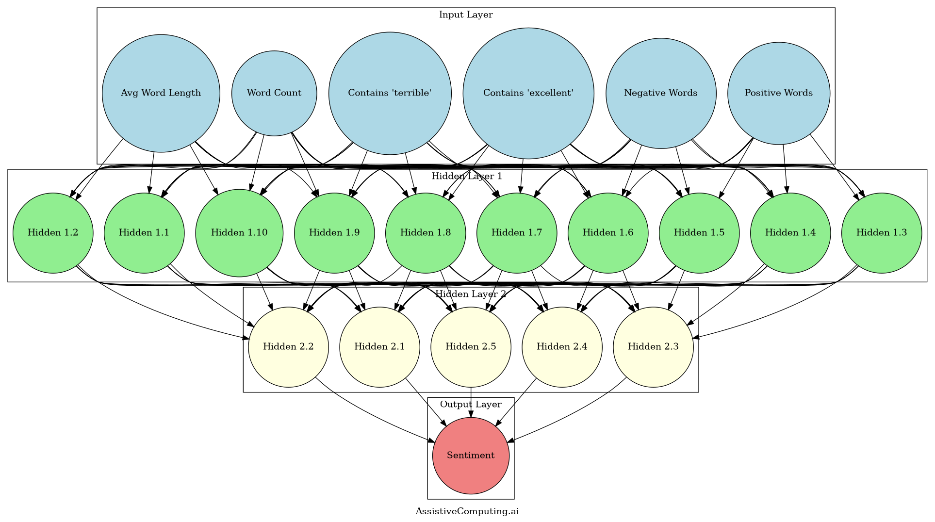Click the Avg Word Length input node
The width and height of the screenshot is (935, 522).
coord(161,93)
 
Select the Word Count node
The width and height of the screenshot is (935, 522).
coord(274,93)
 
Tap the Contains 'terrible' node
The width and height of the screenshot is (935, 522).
coord(390,93)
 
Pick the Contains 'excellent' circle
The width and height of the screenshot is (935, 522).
coord(528,93)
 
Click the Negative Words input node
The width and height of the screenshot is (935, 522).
coord(660,93)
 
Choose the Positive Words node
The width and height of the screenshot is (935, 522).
coord(778,93)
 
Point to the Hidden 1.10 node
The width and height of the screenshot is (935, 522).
coord(239,233)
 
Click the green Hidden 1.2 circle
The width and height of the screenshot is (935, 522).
coord(53,233)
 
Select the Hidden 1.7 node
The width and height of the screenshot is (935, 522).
coord(517,233)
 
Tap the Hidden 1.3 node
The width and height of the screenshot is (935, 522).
coord(881,233)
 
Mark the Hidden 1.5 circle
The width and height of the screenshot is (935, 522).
coord(699,233)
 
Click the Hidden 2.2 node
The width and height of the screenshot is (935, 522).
coord(288,347)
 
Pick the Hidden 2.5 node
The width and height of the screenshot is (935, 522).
coord(471,347)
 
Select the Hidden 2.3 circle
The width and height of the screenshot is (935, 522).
coord(653,347)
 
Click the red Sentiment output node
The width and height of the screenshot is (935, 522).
coord(471,456)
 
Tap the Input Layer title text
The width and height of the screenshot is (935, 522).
coord(465,15)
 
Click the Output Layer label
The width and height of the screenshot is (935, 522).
coord(470,405)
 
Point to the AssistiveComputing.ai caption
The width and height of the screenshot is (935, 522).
coord(467,511)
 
